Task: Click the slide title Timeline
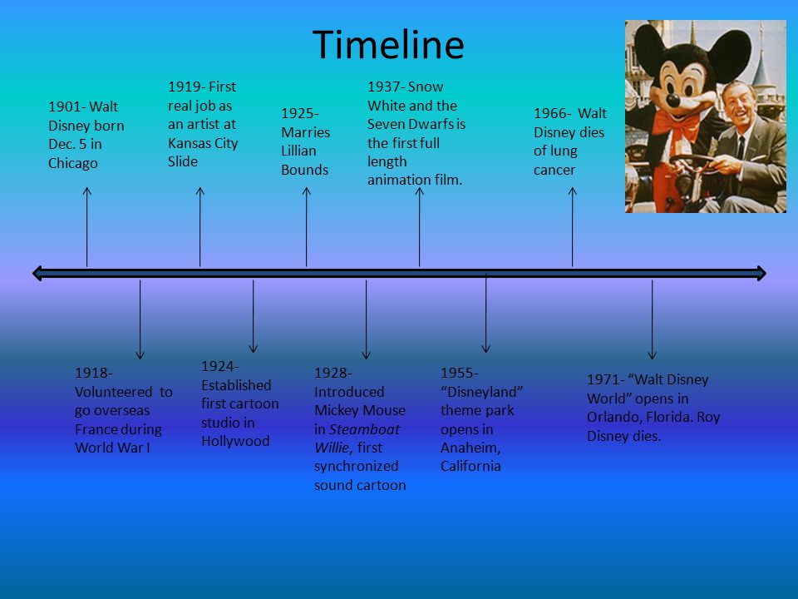click(x=388, y=44)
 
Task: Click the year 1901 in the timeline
click(x=65, y=106)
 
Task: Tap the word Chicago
click(x=73, y=163)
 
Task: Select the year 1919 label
click(x=185, y=87)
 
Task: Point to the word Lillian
click(x=298, y=151)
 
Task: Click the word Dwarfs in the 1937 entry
click(x=431, y=124)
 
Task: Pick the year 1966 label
click(x=550, y=113)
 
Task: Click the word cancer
click(x=554, y=170)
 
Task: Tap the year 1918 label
click(x=91, y=373)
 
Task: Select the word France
click(x=96, y=429)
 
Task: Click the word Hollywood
click(x=235, y=441)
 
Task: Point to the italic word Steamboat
click(x=364, y=429)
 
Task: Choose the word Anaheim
click(x=469, y=448)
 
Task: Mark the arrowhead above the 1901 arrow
click(x=87, y=191)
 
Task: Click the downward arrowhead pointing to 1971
click(x=652, y=355)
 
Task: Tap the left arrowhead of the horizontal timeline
click(x=37, y=273)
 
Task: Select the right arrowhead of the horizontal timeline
click(x=761, y=273)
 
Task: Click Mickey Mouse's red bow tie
click(x=676, y=125)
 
